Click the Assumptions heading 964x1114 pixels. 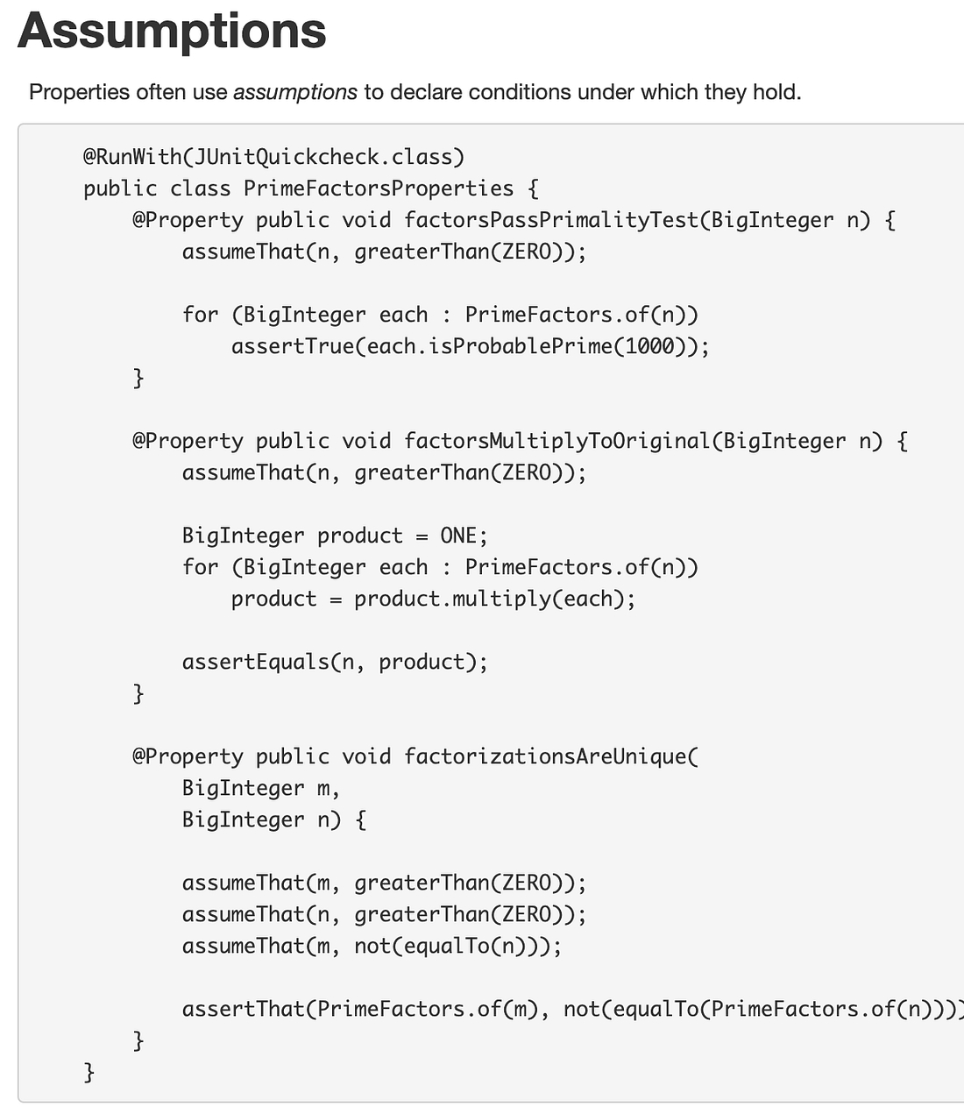click(172, 32)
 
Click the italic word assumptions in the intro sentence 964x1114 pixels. click(295, 92)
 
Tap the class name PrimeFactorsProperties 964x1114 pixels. click(379, 188)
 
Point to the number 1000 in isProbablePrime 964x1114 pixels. click(650, 346)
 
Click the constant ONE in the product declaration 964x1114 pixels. click(458, 536)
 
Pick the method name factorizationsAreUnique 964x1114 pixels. click(548, 756)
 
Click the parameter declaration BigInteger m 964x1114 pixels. click(260, 788)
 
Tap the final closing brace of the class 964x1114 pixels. click(89, 1072)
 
